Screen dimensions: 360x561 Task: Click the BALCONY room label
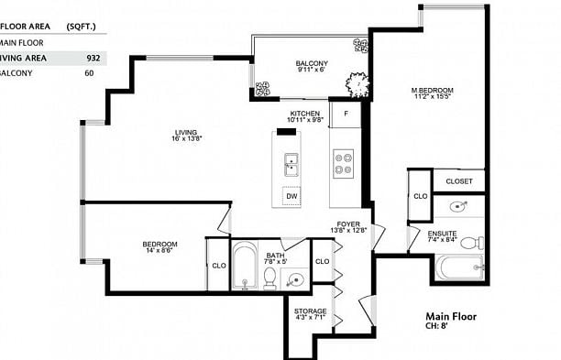(x=312, y=63)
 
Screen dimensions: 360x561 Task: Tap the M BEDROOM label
(x=432, y=90)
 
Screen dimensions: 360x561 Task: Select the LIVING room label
(x=185, y=134)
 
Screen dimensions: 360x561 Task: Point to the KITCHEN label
(x=305, y=114)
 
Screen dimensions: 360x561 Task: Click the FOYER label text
(x=347, y=223)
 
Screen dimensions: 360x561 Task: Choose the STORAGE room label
(x=310, y=311)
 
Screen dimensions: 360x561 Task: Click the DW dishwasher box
(x=291, y=196)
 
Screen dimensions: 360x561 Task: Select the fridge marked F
(x=345, y=114)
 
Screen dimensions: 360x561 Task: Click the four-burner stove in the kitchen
(x=344, y=163)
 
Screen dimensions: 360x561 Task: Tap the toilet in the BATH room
(x=270, y=281)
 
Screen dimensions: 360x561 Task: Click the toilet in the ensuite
(x=469, y=243)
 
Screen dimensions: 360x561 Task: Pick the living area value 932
(x=93, y=58)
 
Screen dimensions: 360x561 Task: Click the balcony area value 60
(x=89, y=73)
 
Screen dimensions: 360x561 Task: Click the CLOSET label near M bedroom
(x=459, y=181)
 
